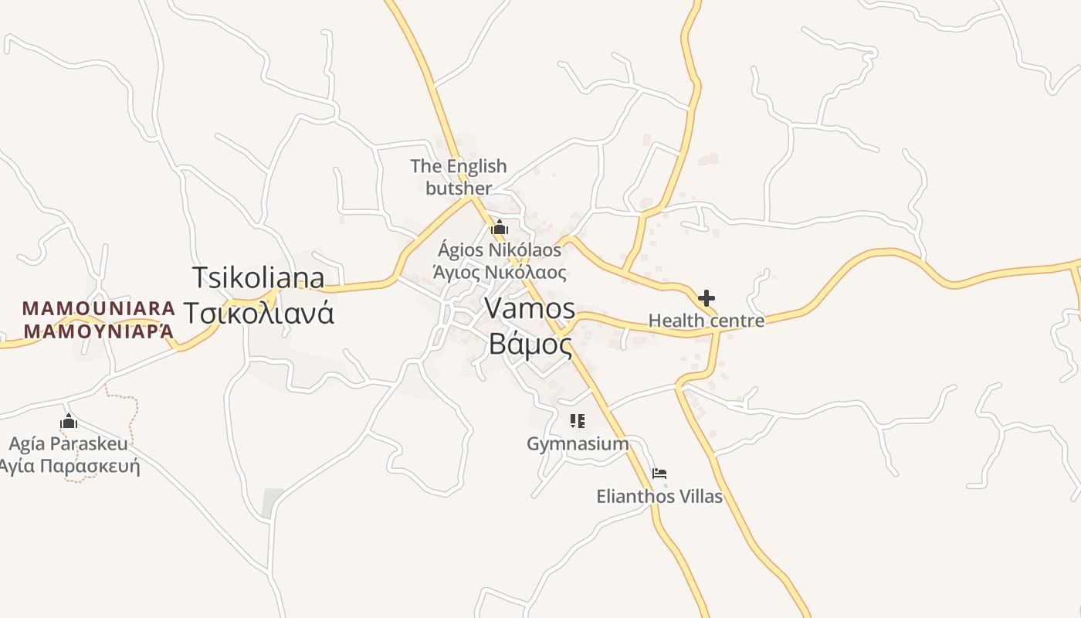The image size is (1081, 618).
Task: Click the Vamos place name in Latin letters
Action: [530, 308]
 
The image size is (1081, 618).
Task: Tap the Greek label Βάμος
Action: [530, 345]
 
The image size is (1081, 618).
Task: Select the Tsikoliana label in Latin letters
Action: [258, 277]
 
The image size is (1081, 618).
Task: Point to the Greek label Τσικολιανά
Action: [258, 313]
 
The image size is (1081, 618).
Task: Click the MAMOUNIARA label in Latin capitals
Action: [99, 308]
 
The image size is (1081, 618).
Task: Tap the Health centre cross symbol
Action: [706, 298]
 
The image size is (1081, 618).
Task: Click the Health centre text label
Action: [706, 321]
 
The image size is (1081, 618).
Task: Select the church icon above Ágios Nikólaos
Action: [500, 228]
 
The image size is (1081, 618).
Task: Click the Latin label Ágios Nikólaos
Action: [500, 250]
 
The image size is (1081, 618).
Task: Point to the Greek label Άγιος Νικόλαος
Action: [500, 272]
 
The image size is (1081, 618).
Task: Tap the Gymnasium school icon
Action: [578, 421]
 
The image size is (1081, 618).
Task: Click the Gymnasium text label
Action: [578, 443]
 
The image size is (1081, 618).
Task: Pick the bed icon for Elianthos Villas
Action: [659, 474]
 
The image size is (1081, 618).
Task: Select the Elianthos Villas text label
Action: [659, 496]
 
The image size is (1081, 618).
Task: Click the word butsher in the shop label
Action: [459, 188]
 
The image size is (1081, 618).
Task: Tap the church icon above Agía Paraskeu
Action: [69, 422]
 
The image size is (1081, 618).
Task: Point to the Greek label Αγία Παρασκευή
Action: [69, 466]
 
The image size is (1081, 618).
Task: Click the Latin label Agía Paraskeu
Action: [69, 444]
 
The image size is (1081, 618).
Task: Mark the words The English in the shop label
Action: [459, 166]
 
